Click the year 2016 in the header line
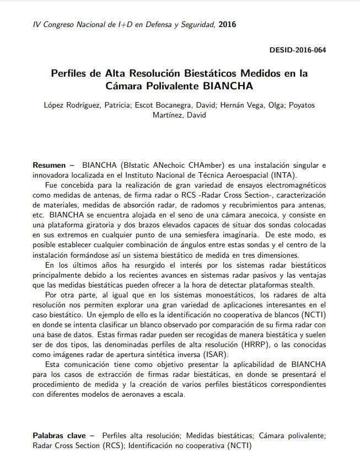click(x=228, y=24)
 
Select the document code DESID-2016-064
click(x=297, y=50)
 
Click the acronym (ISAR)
click(x=215, y=354)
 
